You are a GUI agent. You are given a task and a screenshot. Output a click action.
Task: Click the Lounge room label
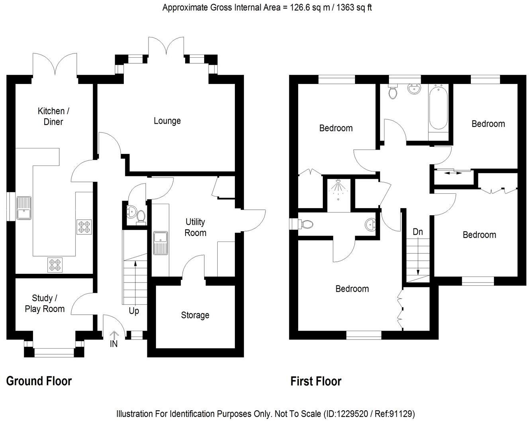(167, 121)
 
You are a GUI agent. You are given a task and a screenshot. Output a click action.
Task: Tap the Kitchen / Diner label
(53, 116)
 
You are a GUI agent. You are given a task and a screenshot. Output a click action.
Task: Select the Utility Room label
(195, 227)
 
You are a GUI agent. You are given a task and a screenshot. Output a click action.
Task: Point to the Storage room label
(195, 315)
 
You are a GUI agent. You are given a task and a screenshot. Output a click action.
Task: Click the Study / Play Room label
(45, 303)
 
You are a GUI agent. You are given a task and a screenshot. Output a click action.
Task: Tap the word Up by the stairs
(134, 310)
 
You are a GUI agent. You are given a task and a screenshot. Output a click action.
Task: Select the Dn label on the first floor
(418, 231)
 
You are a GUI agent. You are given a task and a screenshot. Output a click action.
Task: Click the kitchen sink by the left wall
(24, 208)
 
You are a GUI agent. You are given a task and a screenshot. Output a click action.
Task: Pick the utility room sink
(161, 243)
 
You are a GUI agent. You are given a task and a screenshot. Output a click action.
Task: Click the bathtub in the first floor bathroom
(438, 107)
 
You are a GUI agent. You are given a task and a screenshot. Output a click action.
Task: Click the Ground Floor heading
(39, 381)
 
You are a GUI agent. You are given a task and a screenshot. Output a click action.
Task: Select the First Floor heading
(316, 381)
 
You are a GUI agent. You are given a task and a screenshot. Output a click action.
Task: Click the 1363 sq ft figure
(352, 7)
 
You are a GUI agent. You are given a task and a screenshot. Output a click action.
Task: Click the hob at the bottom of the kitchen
(55, 265)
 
